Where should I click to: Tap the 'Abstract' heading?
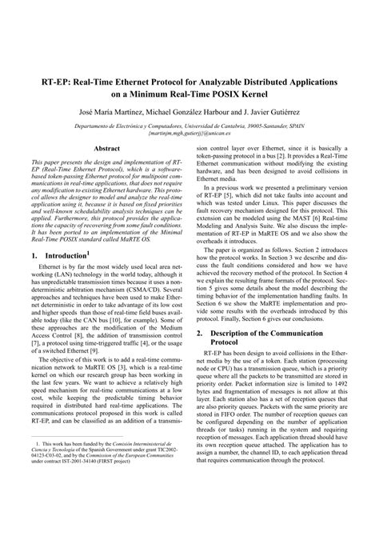[x=107, y=149]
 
